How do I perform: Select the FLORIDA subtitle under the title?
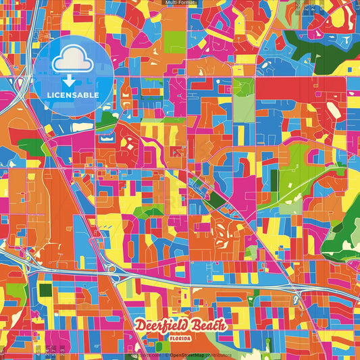click(180, 337)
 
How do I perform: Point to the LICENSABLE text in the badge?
click(73, 95)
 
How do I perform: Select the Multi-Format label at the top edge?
click(180, 3)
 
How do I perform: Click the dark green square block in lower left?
click(45, 290)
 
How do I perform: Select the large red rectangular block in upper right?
click(284, 88)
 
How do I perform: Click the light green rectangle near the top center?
click(174, 42)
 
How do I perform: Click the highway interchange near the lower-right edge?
click(295, 298)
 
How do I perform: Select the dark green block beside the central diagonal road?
click(216, 199)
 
